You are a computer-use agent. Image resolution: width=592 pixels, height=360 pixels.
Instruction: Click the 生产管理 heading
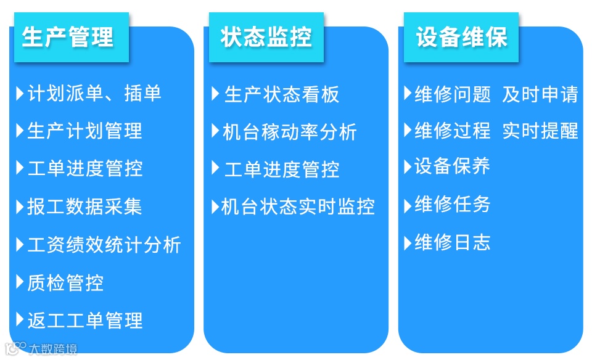click(68, 37)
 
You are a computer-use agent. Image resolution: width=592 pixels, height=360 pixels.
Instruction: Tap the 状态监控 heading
click(266, 37)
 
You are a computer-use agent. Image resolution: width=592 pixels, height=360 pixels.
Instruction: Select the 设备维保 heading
click(461, 37)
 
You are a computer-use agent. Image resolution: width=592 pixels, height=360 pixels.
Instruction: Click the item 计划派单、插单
click(94, 93)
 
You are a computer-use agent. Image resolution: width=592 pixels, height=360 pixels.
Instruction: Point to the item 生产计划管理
click(84, 131)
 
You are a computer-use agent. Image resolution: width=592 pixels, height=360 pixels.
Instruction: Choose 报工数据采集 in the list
click(84, 207)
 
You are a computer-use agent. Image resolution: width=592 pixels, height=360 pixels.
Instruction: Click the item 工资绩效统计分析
click(104, 245)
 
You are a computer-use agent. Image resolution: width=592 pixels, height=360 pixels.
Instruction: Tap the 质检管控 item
click(65, 283)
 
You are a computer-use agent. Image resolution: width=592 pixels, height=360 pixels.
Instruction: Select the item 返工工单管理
click(84, 321)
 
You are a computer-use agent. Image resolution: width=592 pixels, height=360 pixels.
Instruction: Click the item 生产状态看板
click(281, 94)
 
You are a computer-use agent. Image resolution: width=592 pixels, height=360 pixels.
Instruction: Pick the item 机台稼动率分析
click(290, 131)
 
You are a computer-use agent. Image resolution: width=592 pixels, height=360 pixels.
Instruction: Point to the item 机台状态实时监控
click(298, 207)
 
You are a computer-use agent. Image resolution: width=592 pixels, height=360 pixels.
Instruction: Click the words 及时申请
click(540, 94)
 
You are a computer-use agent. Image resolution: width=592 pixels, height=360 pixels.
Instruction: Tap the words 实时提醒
click(540, 131)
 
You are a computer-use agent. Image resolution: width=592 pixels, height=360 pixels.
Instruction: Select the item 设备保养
click(452, 166)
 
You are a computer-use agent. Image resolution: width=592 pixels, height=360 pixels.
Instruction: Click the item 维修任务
click(452, 204)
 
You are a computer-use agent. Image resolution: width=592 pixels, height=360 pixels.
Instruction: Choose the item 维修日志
click(452, 242)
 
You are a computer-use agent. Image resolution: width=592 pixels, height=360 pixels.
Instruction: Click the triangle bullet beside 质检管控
click(20, 283)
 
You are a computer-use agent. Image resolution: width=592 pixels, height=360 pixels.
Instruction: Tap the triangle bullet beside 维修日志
click(408, 242)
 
